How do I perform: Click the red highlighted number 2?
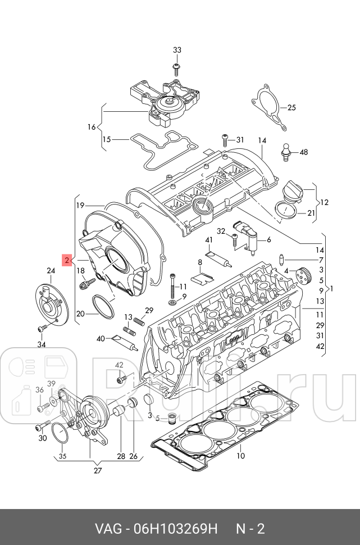tap(66, 260)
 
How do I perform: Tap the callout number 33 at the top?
tap(177, 50)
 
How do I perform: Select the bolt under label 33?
tap(177, 69)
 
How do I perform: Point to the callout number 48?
tap(304, 152)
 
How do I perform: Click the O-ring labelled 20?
tap(102, 307)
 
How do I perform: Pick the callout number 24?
tap(51, 271)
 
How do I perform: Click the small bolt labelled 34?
tap(41, 328)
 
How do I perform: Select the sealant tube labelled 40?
tap(122, 340)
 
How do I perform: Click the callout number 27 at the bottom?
tap(98, 471)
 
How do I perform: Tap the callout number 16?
tap(92, 127)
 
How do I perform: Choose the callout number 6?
tap(268, 239)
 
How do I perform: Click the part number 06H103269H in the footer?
tap(176, 529)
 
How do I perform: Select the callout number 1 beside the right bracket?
tap(332, 289)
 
